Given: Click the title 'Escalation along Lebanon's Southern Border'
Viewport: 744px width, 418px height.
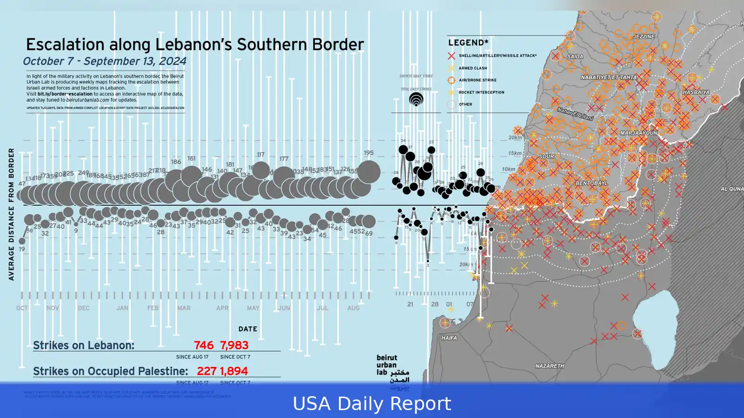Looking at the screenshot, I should point(195,45).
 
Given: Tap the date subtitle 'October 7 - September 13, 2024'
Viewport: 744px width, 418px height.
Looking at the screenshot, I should point(105,61).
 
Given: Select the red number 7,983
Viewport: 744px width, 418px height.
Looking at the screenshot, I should point(234,345).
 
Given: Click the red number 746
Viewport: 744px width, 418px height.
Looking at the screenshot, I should point(204,345).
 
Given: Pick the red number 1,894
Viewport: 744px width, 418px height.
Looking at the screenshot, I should point(234,371).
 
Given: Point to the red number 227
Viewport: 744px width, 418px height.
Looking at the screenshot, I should point(206,371).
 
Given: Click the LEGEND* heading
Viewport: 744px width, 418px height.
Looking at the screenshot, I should point(468,43).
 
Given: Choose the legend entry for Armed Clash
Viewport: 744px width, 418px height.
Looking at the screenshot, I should point(472,68).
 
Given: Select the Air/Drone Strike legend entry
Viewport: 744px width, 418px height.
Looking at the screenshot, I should point(477,80).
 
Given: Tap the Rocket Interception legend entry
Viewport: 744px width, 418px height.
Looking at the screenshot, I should point(481,92).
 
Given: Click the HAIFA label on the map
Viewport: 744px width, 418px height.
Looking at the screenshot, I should point(449,338).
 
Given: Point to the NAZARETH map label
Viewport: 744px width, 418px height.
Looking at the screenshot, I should point(550,366).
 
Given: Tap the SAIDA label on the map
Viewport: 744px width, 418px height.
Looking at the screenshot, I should point(575,57).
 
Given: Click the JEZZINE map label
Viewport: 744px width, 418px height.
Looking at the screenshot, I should point(644,37).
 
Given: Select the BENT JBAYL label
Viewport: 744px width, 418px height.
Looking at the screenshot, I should point(591,183).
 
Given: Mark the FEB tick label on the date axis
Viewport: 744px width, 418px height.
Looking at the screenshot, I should point(153,308).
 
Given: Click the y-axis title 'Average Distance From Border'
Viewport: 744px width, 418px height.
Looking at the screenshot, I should point(11,214).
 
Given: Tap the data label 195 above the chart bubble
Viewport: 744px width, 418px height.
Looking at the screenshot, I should point(369,153).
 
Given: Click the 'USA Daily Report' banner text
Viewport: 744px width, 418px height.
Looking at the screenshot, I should point(372,404).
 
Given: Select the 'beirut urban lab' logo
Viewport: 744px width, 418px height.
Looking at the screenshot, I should point(392,372).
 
